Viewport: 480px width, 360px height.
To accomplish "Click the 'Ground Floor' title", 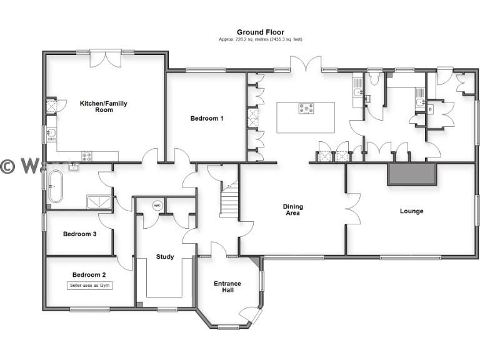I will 260,32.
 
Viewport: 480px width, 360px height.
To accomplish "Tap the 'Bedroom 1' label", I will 207,118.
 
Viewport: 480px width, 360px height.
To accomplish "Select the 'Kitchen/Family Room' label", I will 104,106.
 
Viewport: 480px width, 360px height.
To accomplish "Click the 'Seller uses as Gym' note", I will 89,286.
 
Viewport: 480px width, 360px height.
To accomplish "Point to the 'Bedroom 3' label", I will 79,234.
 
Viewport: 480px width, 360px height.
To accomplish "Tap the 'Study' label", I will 165,256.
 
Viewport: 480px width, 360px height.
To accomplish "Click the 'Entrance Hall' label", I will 227,287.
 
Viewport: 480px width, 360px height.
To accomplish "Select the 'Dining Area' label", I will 292,210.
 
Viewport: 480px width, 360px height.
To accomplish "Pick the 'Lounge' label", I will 411,211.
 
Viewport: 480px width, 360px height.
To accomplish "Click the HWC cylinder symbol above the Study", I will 157,205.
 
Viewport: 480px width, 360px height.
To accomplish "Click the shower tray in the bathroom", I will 99,201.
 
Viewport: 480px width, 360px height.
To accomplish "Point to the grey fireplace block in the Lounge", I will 411,174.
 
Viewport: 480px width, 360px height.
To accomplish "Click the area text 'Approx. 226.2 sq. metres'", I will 260,39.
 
